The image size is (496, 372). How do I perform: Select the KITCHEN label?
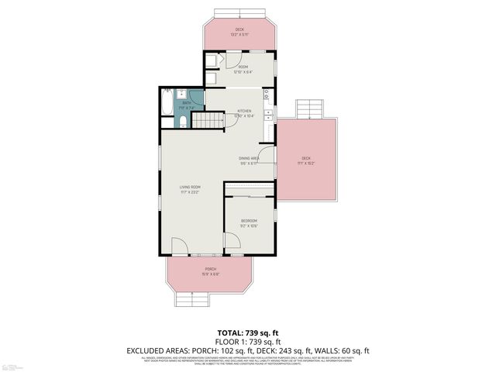(243, 111)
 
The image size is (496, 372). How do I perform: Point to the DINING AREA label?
(249, 158)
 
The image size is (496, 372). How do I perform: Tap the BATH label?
(187, 102)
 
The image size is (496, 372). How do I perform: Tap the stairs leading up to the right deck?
(308, 108)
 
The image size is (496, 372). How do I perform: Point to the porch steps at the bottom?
(191, 298)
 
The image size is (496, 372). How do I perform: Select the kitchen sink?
(268, 115)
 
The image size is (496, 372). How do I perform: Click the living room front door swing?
(178, 246)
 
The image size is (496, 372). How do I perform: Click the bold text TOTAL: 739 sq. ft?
(247, 331)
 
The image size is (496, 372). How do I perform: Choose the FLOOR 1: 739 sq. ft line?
(247, 341)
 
